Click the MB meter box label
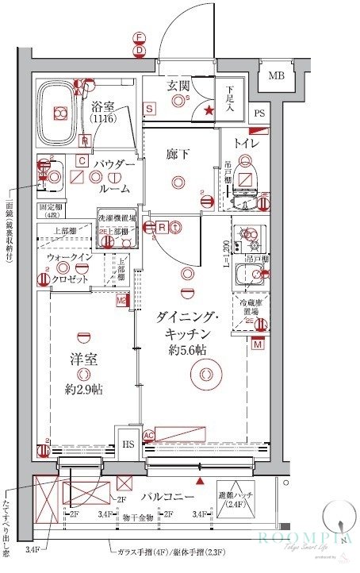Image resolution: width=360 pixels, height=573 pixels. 276,76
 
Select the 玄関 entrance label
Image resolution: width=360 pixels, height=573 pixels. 177,86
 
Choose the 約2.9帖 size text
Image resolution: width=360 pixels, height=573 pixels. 83,389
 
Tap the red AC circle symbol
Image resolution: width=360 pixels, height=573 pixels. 148,434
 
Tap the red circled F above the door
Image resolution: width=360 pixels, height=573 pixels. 140,37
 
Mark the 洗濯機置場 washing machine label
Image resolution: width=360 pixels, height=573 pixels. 117,217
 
